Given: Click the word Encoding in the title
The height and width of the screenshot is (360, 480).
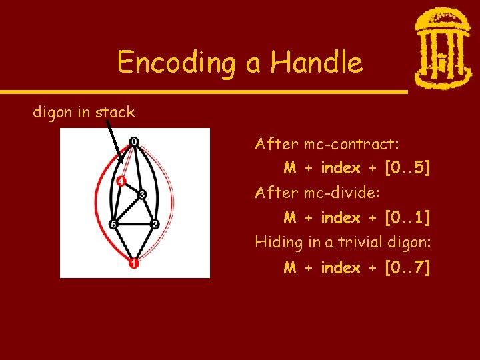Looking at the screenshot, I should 175,63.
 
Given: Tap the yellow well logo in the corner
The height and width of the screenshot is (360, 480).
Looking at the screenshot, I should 442,48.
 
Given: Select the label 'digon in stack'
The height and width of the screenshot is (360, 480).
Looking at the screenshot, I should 84,112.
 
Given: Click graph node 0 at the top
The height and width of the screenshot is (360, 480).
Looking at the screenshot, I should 135,141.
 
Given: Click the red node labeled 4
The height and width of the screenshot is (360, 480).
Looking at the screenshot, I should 121,181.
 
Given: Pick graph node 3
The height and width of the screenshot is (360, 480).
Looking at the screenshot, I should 142,195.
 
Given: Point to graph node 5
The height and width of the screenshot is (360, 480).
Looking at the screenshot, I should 113,224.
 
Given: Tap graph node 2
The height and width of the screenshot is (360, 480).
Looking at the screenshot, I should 155,224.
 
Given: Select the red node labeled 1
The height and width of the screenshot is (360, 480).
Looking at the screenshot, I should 135,264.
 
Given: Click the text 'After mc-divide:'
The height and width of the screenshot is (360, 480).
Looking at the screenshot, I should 317,193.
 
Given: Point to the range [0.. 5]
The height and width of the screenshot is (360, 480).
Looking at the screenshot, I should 407,168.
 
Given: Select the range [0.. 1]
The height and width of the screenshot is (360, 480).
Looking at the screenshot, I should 407,217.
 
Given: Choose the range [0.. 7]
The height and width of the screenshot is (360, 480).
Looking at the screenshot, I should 407,267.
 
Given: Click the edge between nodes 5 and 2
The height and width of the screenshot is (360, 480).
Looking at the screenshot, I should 134,224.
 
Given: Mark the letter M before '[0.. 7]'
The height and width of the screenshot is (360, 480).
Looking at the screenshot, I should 290,267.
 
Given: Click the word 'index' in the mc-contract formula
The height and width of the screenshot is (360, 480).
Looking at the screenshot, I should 340,168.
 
